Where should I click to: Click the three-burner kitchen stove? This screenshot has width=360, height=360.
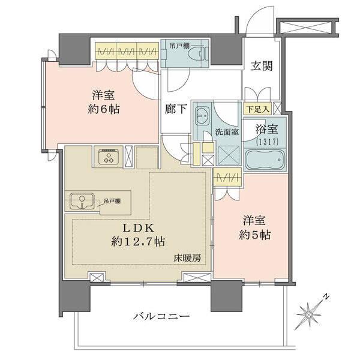click(x=109, y=158)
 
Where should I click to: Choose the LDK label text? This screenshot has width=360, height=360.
click(x=139, y=229)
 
